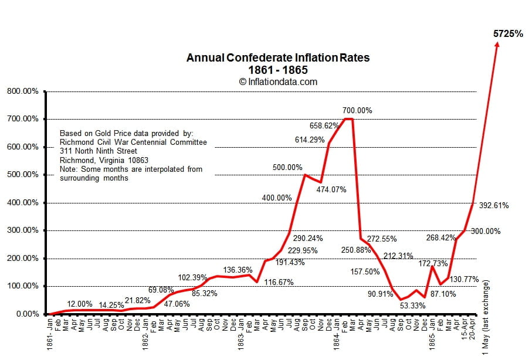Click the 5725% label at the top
(x=508, y=34)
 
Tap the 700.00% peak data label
(x=358, y=110)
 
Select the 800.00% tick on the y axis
(x=23, y=91)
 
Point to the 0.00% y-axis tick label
(x=27, y=314)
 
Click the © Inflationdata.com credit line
(x=278, y=82)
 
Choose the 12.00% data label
(x=80, y=304)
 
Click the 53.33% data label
(x=413, y=305)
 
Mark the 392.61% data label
(x=494, y=206)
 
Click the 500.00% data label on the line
(x=287, y=168)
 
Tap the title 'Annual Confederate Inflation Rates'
(x=278, y=58)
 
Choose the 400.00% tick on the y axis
(x=23, y=203)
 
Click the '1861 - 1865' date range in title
(x=278, y=70)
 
